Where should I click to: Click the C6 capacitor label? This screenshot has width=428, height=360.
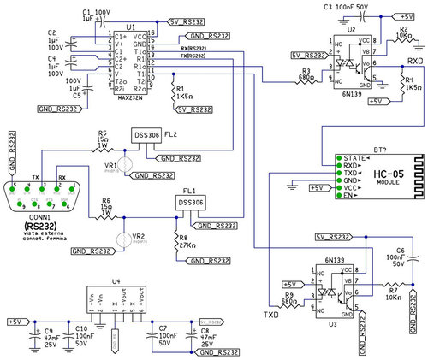coord(401,250)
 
